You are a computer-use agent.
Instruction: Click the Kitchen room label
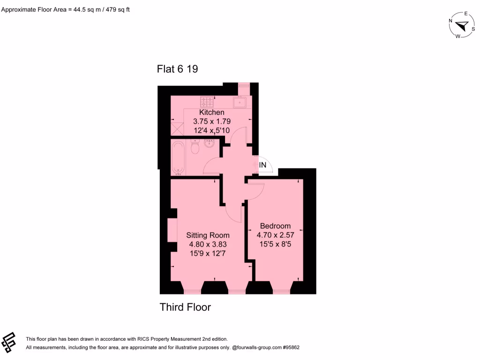tap(212, 112)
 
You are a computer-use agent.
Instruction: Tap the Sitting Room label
tap(208, 235)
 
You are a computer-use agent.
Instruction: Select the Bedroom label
tap(275, 226)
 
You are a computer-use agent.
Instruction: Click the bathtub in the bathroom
tap(179, 157)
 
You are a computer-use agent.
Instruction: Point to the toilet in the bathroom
tap(196, 147)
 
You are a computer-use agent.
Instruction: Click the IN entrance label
tap(263, 165)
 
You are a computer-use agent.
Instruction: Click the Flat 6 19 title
tap(177, 69)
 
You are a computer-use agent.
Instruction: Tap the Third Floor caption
tap(185, 307)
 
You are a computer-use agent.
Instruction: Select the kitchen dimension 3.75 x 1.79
tap(212, 121)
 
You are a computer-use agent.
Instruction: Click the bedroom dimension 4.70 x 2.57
tap(275, 235)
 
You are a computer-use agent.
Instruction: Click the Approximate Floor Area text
tap(65, 9)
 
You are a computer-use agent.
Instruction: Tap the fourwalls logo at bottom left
tap(9, 343)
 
